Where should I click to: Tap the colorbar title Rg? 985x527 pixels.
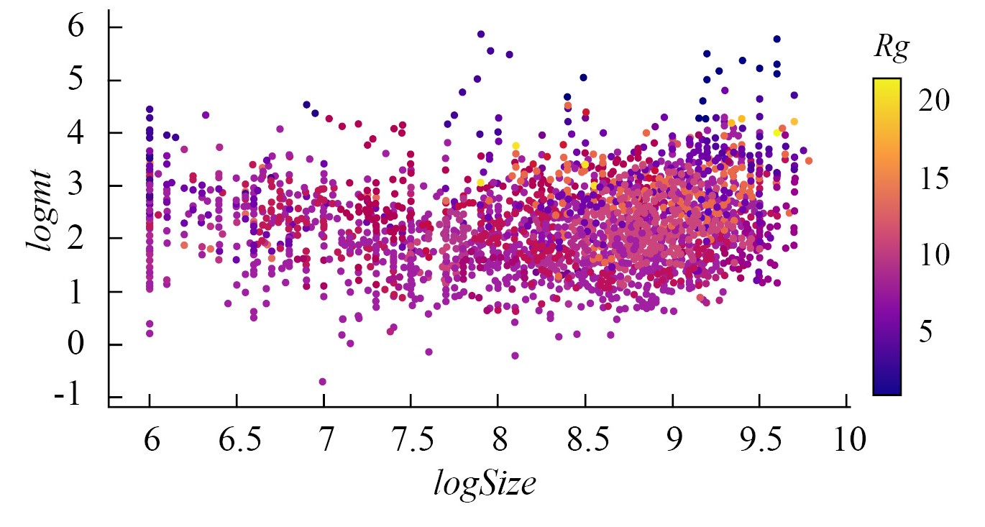click(892, 48)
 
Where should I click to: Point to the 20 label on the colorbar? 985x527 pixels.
click(934, 101)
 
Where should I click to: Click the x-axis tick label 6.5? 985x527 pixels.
click(237, 440)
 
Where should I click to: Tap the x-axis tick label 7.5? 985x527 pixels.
click(411, 440)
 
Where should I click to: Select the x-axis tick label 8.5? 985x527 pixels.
click(585, 440)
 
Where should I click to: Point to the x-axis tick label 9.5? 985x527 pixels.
click(759, 440)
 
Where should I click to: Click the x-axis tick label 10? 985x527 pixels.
click(847, 440)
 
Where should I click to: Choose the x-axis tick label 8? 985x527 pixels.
click(498, 440)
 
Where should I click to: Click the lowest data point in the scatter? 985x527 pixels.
click(323, 381)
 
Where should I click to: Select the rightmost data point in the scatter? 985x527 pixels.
click(809, 160)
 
